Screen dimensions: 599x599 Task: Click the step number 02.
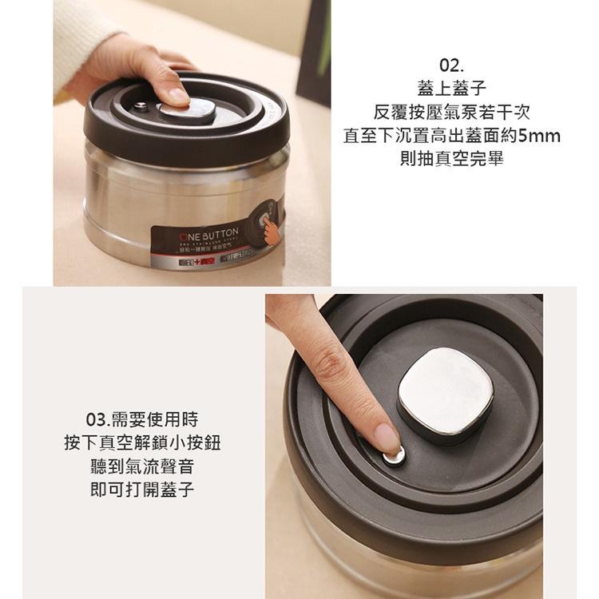[451, 65]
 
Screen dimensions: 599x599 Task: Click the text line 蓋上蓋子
[451, 88]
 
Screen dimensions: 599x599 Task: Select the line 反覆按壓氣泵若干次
[451, 112]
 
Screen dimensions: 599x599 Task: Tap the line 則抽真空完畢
[451, 159]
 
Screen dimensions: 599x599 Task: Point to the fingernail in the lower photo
[386, 438]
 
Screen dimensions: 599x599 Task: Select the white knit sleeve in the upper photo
[80, 40]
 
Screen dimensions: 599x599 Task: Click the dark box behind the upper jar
[313, 48]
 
